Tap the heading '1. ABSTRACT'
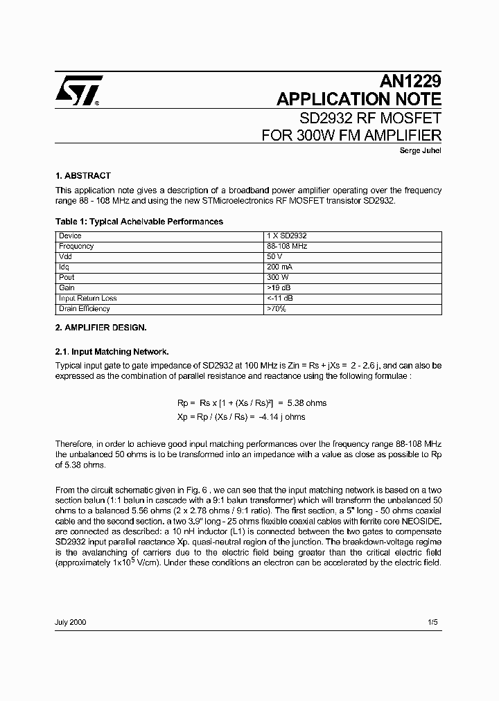click(82, 176)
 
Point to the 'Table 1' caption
click(139, 222)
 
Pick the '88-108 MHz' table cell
click(286, 247)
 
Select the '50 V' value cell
click(274, 257)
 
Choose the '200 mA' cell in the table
click(279, 267)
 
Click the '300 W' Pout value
click(277, 278)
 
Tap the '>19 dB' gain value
click(279, 288)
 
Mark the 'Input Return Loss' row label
click(87, 299)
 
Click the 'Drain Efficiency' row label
click(85, 309)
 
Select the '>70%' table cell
click(276, 309)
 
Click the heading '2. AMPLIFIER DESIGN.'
click(100, 327)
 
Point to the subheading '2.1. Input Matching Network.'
click(112, 352)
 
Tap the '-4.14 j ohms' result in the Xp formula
click(282, 417)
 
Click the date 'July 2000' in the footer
click(71, 623)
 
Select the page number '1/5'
click(433, 623)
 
